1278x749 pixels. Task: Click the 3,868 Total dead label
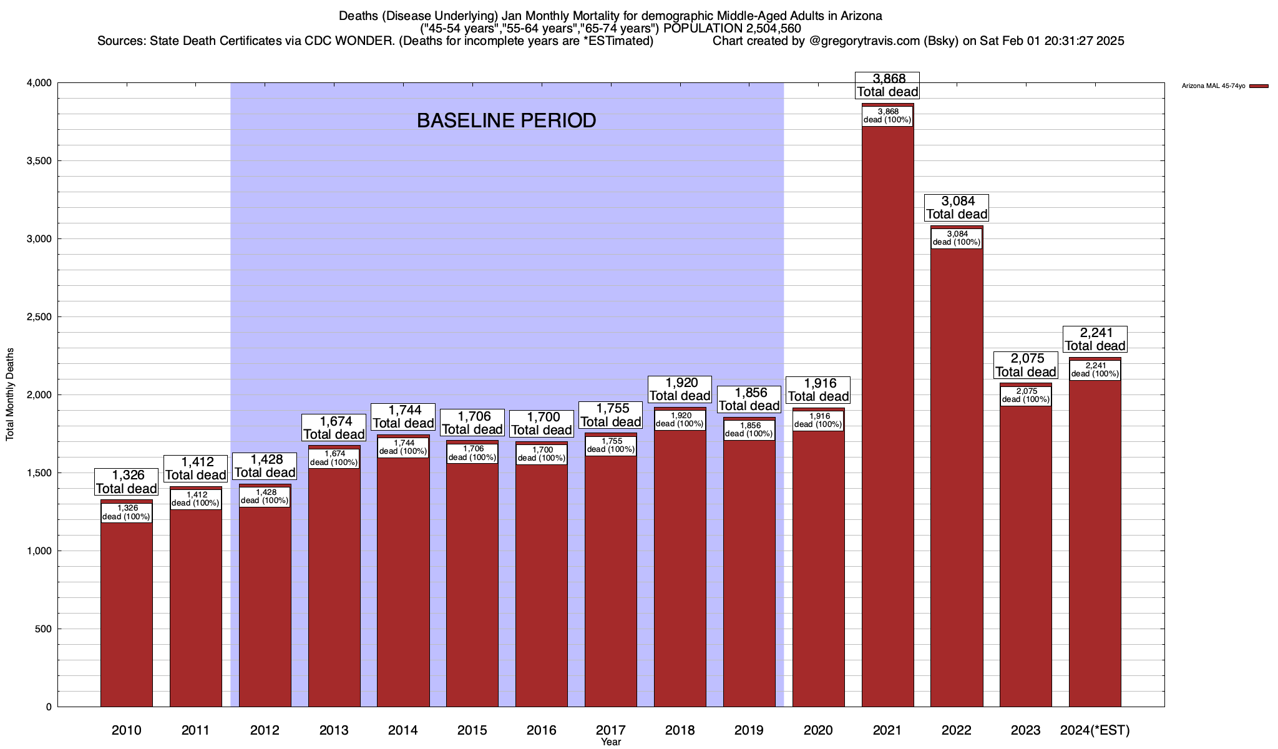tap(887, 86)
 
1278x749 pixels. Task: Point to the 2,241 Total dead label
tap(1095, 340)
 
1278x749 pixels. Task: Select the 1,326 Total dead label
tap(127, 482)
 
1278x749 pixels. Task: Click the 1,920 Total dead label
tap(680, 389)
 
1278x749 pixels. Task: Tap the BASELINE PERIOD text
tap(506, 120)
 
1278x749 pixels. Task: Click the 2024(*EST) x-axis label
tap(1095, 730)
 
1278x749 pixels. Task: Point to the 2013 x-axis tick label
tap(334, 730)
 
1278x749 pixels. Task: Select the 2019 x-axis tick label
tap(749, 730)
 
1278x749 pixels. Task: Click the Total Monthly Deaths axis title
tap(10, 394)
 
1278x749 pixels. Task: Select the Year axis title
tap(611, 742)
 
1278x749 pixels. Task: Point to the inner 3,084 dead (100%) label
tap(957, 238)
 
